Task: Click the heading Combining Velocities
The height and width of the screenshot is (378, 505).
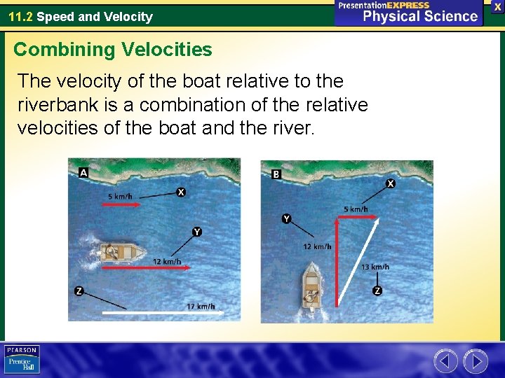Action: click(112, 50)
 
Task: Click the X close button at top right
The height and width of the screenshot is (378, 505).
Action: click(497, 6)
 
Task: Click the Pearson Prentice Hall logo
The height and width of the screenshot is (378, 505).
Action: click(22, 359)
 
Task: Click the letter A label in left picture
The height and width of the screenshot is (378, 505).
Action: click(83, 172)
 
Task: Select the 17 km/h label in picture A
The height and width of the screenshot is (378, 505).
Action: click(201, 307)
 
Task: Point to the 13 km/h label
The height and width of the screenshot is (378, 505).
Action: click(375, 267)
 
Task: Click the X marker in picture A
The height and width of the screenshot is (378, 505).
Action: click(181, 192)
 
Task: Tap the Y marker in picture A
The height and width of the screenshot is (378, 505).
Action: click(197, 232)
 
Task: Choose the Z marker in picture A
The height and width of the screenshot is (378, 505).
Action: click(79, 291)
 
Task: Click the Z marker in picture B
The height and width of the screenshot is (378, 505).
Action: click(377, 290)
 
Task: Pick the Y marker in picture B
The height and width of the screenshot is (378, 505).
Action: click(286, 219)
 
